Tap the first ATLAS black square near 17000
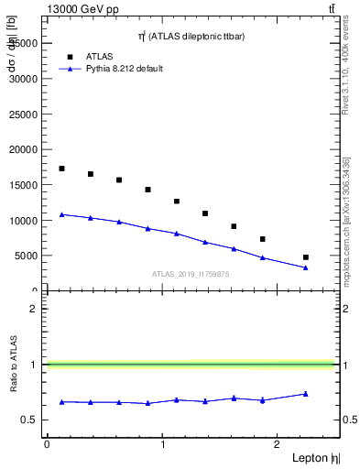[x=61, y=169]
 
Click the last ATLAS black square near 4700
[x=306, y=257]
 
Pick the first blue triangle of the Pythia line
[x=61, y=214]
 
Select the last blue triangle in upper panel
[x=306, y=267]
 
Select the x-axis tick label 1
[x=163, y=444]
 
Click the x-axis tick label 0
[x=47, y=444]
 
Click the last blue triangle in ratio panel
[x=306, y=394]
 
